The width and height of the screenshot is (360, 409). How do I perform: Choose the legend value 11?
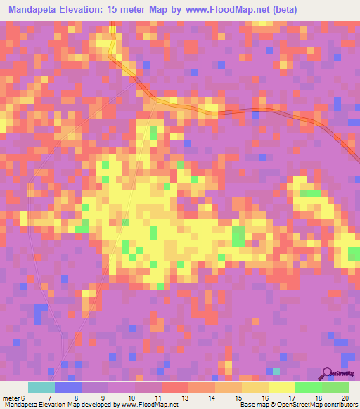tap(157, 398)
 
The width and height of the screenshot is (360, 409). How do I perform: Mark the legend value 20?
tap(345, 398)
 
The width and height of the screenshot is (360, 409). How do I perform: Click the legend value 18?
tap(317, 398)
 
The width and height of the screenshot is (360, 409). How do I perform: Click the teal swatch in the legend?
tap(41, 387)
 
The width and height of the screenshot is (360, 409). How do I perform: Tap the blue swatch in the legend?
tap(67, 387)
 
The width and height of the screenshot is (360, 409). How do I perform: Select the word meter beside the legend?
tap(11, 398)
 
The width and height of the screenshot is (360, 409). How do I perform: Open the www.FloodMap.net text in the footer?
tap(145, 405)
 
